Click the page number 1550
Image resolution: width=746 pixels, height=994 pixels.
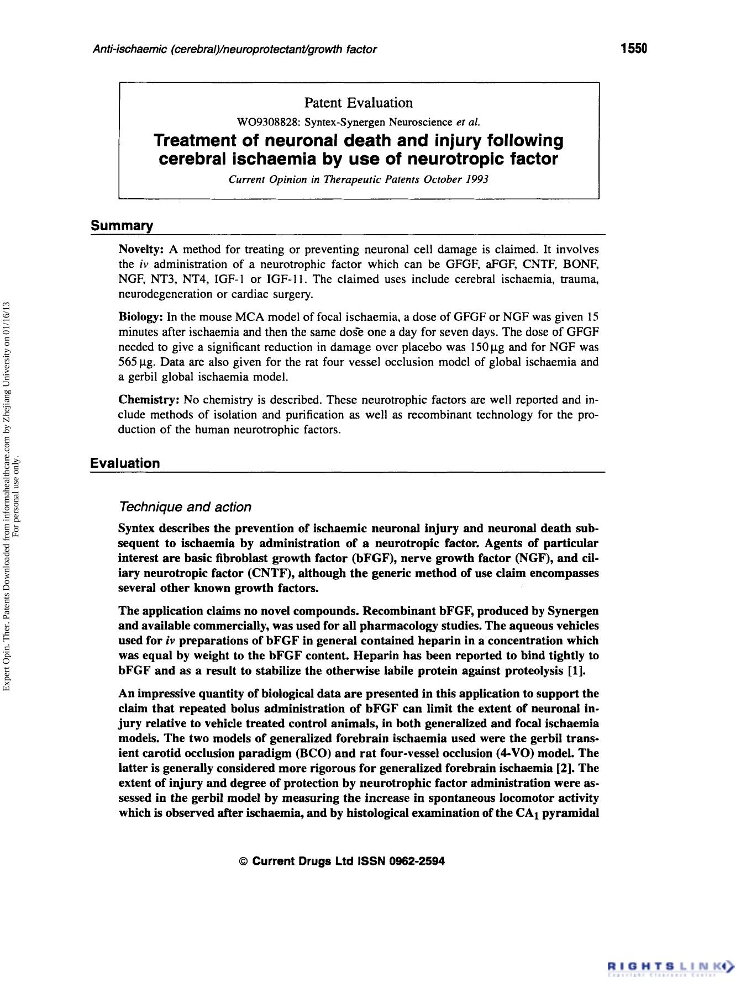[633, 49]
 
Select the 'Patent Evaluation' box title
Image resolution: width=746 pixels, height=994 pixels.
[358, 103]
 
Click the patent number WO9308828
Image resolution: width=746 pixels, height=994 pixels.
[262, 122]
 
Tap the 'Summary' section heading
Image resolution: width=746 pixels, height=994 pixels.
[122, 225]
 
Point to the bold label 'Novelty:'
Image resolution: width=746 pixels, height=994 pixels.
[141, 250]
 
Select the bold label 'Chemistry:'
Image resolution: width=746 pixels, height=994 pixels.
[149, 399]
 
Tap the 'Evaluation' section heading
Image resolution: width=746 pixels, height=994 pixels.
[125, 463]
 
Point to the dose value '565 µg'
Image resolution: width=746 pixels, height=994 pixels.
[135, 362]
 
